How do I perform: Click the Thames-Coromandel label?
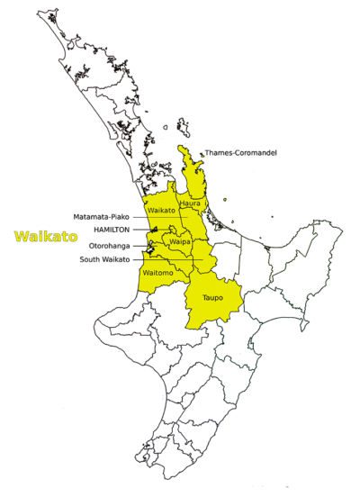(240, 153)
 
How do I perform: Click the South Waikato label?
(104, 258)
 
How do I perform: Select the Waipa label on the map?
(180, 243)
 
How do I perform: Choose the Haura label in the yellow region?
(190, 203)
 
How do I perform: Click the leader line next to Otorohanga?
(146, 244)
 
